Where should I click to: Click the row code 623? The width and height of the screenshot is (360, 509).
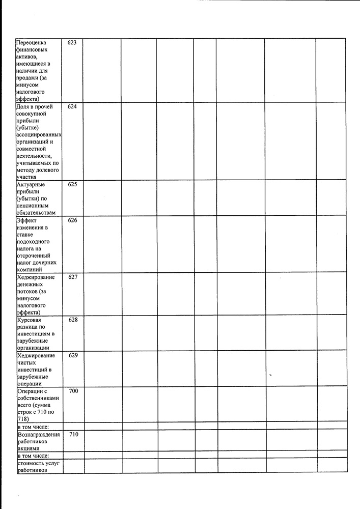pyautogui.click(x=72, y=43)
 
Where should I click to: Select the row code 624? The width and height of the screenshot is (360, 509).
pyautogui.click(x=72, y=107)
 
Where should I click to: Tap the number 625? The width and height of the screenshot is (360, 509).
pyautogui.click(x=72, y=184)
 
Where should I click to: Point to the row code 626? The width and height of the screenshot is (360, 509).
pyautogui.click(x=72, y=220)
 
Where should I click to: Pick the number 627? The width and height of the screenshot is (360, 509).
pyautogui.click(x=72, y=277)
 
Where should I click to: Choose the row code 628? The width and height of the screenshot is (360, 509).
pyautogui.click(x=72, y=320)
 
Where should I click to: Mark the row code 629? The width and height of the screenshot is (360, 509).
pyautogui.click(x=72, y=355)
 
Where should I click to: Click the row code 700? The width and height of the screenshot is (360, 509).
pyautogui.click(x=72, y=391)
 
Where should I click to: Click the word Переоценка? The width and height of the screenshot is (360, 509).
pyautogui.click(x=33, y=43)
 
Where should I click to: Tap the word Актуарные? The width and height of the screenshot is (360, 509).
pyautogui.click(x=31, y=185)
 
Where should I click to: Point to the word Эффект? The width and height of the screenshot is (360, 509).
pyautogui.click(x=26, y=220)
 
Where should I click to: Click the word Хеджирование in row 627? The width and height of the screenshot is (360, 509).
pyautogui.click(x=36, y=277)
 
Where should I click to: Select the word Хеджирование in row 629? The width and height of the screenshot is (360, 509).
pyautogui.click(x=36, y=356)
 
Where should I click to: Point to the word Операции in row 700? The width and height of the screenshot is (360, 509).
pyautogui.click(x=32, y=391)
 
